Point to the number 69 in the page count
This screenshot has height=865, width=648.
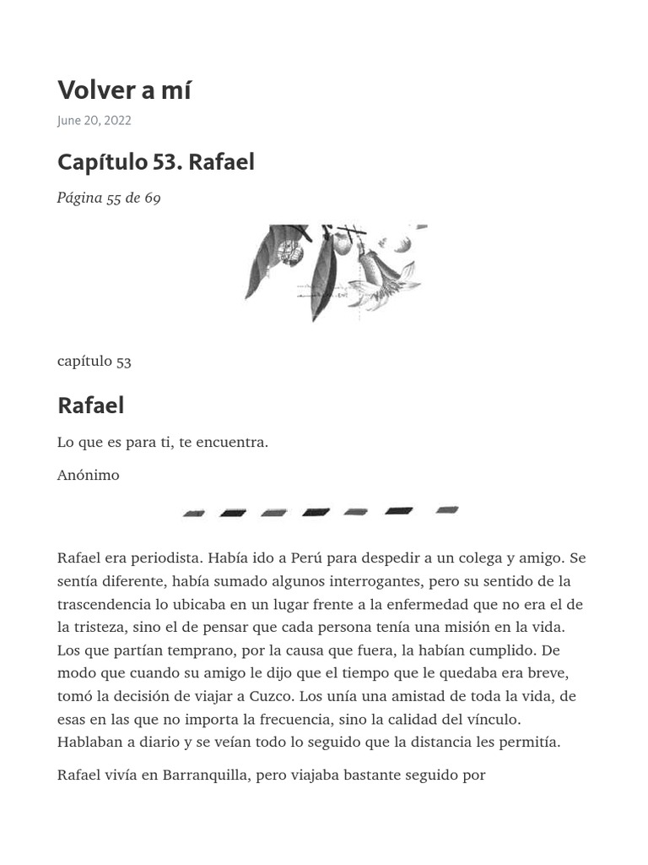tap(152, 199)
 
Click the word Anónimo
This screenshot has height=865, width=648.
tap(89, 475)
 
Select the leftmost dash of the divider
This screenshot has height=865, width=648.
tap(194, 513)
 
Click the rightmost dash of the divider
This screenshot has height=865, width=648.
tap(447, 510)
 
